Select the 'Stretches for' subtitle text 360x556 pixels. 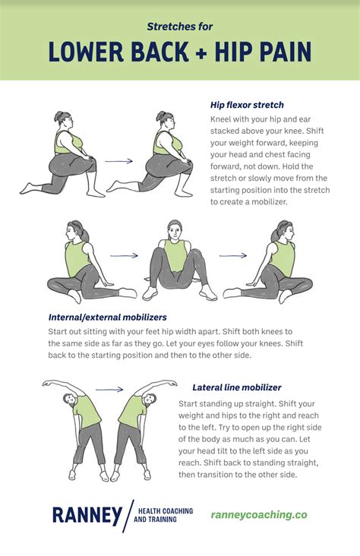pos(179,26)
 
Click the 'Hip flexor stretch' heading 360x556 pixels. pos(246,105)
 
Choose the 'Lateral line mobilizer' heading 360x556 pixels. pos(237,387)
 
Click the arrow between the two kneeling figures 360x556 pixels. pos(118,161)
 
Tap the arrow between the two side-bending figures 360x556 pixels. pos(109,389)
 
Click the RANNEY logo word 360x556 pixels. pos(83,514)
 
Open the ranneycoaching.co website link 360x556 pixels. pos(259,514)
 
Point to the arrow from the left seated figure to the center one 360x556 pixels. pos(125,256)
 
